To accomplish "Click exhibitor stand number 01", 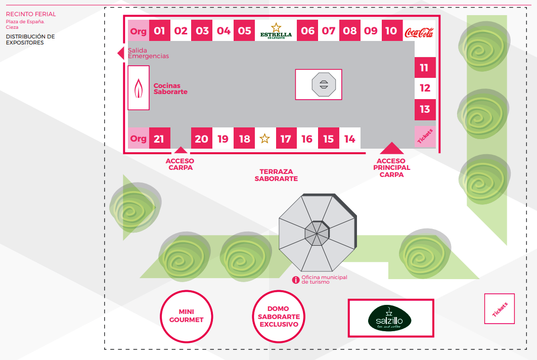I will click(x=159, y=31).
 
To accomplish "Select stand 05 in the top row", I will click(x=245, y=31).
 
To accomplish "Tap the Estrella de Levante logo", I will click(x=276, y=31).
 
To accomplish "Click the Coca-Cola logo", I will click(x=419, y=32).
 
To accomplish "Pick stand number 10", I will click(x=391, y=31).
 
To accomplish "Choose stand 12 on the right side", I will click(x=425, y=88).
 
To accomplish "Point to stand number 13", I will click(x=425, y=109).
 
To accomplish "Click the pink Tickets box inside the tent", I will click(x=425, y=136).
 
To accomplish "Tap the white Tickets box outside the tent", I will click(x=499, y=308).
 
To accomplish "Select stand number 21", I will click(x=159, y=139).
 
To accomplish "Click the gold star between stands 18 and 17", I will click(x=264, y=139).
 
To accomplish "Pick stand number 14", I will click(x=350, y=139).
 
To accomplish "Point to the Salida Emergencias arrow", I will click(x=121, y=53).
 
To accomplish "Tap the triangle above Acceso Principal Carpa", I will click(x=392, y=148).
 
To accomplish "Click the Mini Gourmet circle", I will click(x=187, y=316).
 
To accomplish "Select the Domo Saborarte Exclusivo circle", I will click(x=279, y=316).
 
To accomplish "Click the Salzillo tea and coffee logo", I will click(x=390, y=318).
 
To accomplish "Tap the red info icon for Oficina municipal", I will click(x=296, y=280).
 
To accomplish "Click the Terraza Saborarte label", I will click(x=276, y=175).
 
